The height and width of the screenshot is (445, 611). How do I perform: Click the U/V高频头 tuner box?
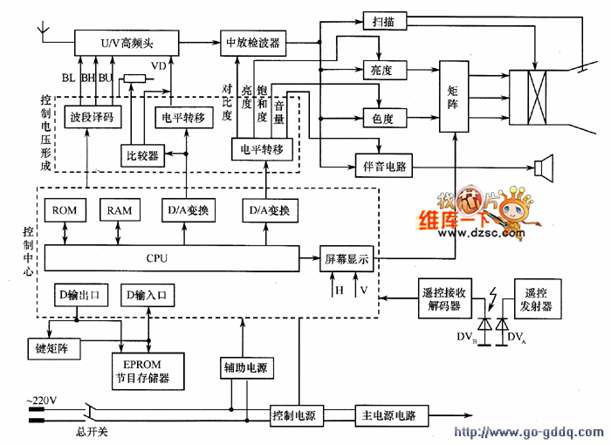127,42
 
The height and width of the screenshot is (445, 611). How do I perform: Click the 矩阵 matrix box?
454,97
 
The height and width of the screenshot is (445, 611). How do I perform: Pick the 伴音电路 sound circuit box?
381,166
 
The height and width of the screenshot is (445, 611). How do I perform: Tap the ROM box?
65,211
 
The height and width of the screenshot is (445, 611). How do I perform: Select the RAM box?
120,211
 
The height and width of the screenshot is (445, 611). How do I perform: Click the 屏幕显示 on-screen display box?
347,258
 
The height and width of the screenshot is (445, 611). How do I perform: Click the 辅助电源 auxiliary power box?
244,369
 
